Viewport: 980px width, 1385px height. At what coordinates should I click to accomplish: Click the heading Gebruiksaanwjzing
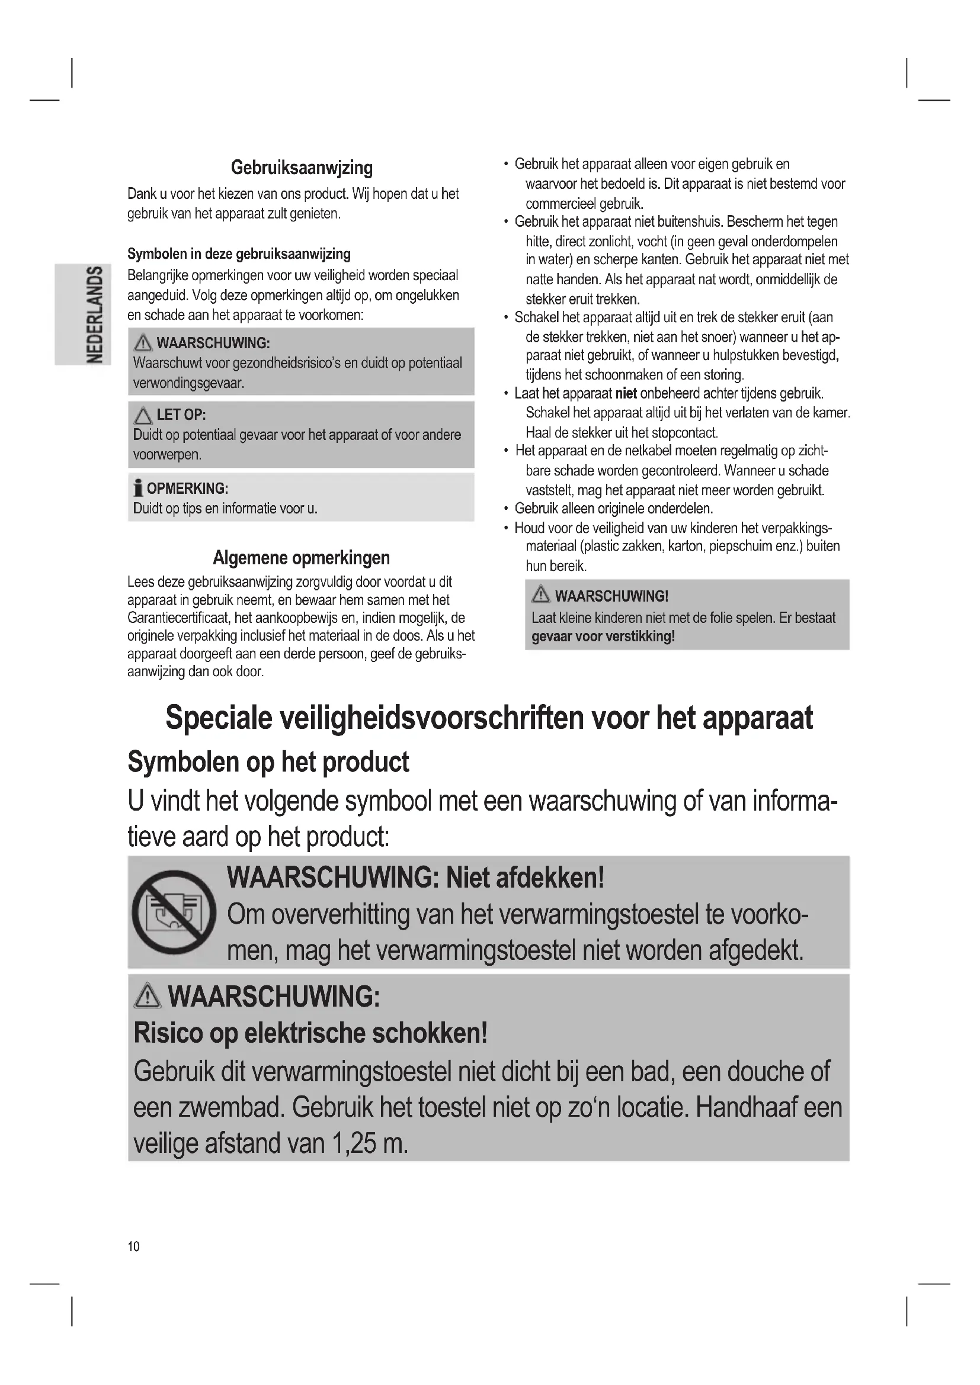(x=302, y=168)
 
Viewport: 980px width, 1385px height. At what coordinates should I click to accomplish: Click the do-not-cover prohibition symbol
(x=174, y=911)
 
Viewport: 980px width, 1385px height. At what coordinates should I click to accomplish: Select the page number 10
(x=133, y=1246)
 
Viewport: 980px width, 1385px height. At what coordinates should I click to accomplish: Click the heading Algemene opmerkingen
(x=301, y=557)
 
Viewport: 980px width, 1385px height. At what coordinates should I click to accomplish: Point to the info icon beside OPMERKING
(x=138, y=488)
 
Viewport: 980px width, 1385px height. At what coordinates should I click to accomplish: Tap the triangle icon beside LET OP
(x=143, y=416)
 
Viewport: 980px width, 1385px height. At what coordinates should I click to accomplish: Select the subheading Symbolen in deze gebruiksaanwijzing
(x=239, y=254)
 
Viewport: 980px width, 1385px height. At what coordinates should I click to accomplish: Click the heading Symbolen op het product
(x=268, y=762)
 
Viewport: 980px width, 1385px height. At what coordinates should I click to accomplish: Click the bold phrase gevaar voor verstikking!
(x=603, y=637)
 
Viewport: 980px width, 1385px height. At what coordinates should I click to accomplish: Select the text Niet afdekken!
(x=525, y=877)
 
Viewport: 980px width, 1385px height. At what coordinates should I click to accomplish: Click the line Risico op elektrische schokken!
(x=310, y=1033)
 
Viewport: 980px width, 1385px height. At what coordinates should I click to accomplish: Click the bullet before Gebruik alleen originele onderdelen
(x=506, y=509)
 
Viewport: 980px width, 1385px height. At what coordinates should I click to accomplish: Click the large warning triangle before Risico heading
(x=148, y=996)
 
